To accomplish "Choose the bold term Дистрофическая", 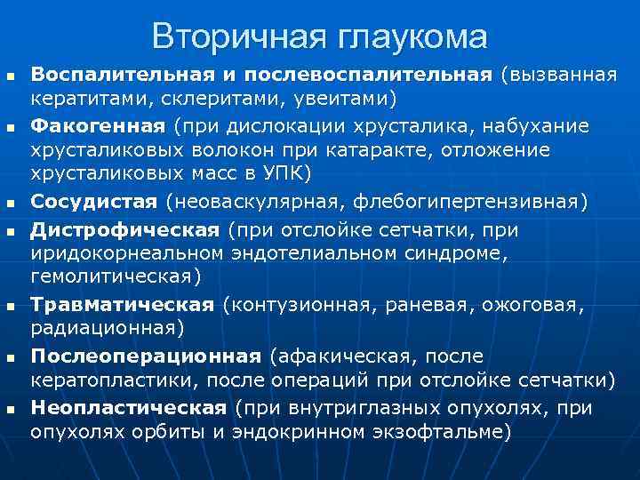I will [124, 230].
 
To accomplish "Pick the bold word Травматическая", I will [122, 305].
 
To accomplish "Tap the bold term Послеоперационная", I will [146, 356].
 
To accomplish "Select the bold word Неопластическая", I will [129, 408].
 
